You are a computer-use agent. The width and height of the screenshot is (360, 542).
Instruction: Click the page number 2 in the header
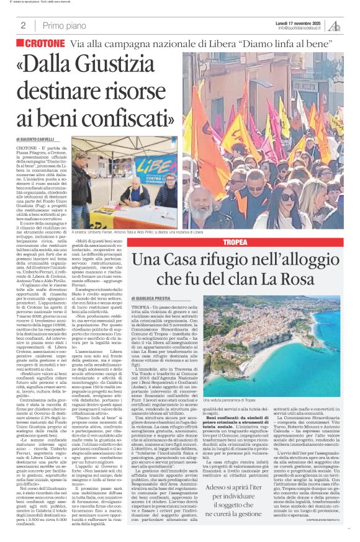(23, 25)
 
